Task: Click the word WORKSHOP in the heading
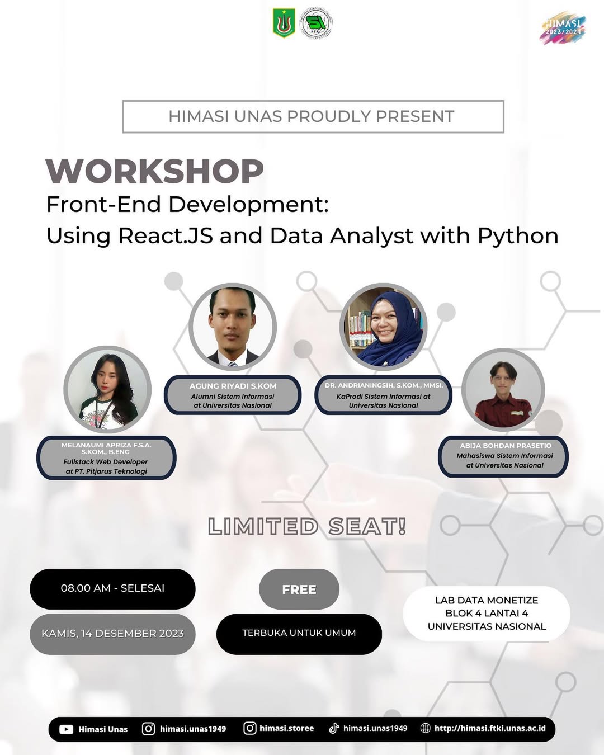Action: click(x=154, y=171)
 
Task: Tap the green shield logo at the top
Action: click(x=284, y=23)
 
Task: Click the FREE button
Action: click(x=299, y=589)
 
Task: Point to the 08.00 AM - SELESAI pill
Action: click(x=112, y=588)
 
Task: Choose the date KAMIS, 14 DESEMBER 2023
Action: click(x=112, y=634)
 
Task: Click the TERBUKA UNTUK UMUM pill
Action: click(x=299, y=633)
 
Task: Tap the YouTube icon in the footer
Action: click(x=66, y=729)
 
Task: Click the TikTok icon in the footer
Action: click(x=334, y=728)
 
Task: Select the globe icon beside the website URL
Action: click(x=425, y=728)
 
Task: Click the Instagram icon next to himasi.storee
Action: click(x=250, y=728)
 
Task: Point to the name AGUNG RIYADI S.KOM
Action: click(x=233, y=386)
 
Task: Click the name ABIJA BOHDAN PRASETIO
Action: click(x=506, y=446)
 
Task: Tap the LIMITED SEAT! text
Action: click(x=306, y=527)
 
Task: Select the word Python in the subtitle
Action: click(x=518, y=236)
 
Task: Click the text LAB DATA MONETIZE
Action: click(x=487, y=600)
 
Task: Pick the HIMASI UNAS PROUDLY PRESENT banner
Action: click(x=313, y=116)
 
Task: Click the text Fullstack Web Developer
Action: click(x=106, y=462)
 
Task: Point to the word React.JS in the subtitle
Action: click(x=166, y=236)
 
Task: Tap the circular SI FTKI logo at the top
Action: click(x=316, y=23)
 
